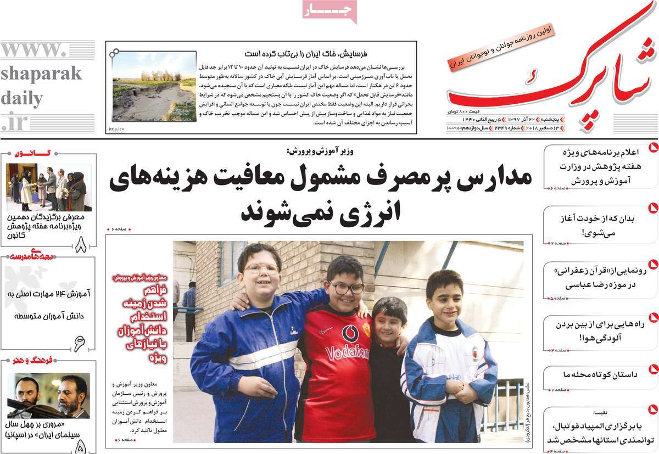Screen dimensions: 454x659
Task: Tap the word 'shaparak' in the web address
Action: (x=41, y=74)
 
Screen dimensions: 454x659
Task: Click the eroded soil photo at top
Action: (x=154, y=86)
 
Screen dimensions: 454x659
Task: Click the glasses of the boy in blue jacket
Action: (x=261, y=269)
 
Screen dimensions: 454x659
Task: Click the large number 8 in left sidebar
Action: (x=81, y=244)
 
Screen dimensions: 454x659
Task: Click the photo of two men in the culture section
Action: (x=49, y=396)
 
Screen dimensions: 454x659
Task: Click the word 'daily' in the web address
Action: (x=22, y=99)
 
